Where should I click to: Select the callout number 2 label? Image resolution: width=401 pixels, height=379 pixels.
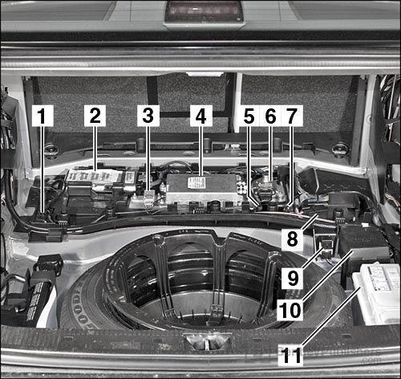coord(96,116)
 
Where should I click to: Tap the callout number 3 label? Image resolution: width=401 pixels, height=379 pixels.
coord(147,116)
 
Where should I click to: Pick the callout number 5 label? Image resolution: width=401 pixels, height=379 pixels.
coord(249,116)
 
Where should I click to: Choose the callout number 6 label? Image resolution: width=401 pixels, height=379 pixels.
coord(270,116)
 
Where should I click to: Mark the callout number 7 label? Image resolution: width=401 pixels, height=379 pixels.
coord(291,116)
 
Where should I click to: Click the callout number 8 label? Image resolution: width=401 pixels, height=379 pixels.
coord(292,239)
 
